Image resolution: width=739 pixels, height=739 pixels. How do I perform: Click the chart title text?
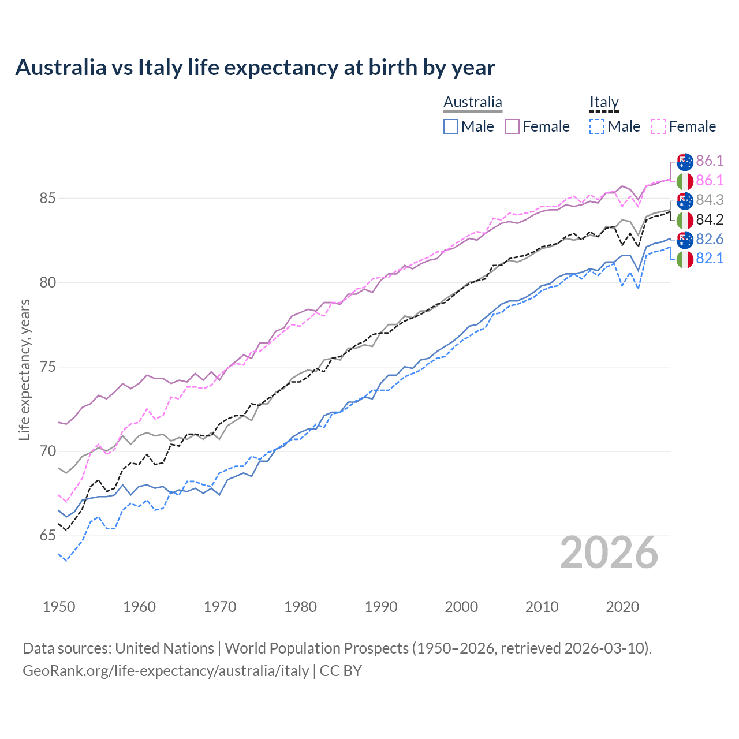(x=255, y=68)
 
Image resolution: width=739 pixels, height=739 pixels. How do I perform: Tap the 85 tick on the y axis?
(x=48, y=198)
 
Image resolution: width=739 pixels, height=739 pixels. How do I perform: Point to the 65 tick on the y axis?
(x=48, y=536)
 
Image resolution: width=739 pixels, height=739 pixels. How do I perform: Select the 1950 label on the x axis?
(x=59, y=607)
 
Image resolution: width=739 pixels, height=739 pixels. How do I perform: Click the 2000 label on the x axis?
(x=461, y=607)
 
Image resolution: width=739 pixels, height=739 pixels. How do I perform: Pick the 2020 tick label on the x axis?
(x=622, y=607)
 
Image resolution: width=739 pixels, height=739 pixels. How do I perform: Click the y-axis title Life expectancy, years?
(x=24, y=369)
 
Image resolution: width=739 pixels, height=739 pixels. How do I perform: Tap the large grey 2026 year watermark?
(x=609, y=553)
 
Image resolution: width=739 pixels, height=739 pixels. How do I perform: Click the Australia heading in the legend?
(x=473, y=103)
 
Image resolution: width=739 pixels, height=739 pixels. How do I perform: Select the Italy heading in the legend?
(x=604, y=103)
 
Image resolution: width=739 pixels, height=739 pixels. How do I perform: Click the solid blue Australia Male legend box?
(x=451, y=126)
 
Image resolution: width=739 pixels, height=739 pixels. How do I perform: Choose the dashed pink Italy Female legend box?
(x=659, y=126)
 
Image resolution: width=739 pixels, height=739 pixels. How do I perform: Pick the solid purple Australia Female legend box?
(x=512, y=126)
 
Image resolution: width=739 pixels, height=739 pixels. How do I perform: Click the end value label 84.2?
(x=710, y=219)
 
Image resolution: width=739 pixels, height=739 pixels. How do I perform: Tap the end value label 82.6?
(x=710, y=239)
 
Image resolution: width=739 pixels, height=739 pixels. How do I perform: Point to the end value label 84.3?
(x=710, y=200)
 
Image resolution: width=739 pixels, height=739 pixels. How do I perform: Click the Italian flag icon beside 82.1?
(x=685, y=259)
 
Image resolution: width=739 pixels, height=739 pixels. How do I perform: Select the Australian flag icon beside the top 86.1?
(x=685, y=162)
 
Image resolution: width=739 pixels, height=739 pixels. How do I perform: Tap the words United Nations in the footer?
(x=165, y=648)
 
